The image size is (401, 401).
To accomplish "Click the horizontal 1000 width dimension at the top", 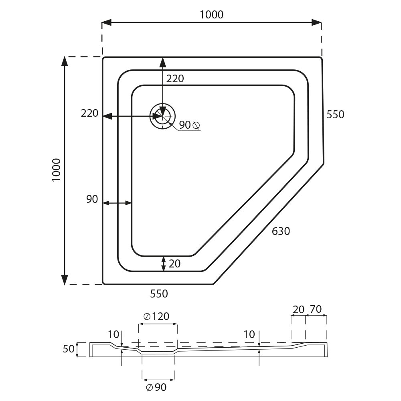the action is (211, 14).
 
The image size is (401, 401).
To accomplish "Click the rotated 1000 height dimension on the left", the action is (56, 170).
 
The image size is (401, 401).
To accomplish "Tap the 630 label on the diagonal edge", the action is (281, 231).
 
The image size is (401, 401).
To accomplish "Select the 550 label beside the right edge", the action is (335, 115).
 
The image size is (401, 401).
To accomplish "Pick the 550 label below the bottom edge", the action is (159, 294).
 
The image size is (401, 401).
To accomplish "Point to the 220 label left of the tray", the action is (89, 113).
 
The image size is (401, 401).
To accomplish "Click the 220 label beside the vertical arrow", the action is (175, 79).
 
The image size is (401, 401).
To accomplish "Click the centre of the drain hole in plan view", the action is (162, 116).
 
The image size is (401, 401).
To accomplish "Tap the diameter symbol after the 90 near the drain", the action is (196, 125).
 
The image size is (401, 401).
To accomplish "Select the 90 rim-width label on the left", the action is (92, 199).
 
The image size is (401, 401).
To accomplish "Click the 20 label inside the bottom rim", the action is (175, 264).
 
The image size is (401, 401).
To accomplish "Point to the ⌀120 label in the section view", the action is (156, 317).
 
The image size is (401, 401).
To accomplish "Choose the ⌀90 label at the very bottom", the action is (156, 387).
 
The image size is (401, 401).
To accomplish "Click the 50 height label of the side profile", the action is (69, 349).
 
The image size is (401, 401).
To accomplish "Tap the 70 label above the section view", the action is (316, 309).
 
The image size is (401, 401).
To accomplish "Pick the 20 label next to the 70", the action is (298, 310).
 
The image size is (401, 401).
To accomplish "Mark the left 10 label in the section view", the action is (113, 334).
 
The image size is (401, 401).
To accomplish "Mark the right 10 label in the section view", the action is (249, 334).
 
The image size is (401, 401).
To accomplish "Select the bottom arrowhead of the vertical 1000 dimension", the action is (65, 280).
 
